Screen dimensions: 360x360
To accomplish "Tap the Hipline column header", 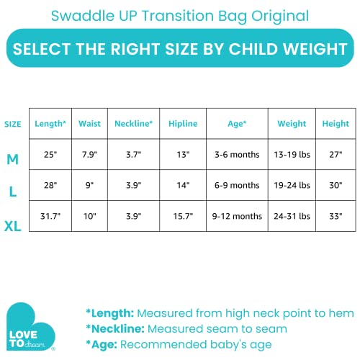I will pyautogui.click(x=183, y=124).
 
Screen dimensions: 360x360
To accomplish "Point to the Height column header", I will pyautogui.click(x=336, y=124).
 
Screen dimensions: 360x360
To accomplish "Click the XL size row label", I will pyautogui.click(x=13, y=227).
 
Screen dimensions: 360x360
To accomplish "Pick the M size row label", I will pyautogui.click(x=13, y=160).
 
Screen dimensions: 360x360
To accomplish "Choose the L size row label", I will pyautogui.click(x=13, y=192).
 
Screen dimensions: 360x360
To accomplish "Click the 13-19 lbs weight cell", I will pyautogui.click(x=292, y=154).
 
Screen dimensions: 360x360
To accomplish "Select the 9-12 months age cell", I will pyautogui.click(x=237, y=216).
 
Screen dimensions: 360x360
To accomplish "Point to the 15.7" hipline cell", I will pyautogui.click(x=183, y=216).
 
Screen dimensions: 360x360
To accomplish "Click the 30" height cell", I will pyautogui.click(x=336, y=185).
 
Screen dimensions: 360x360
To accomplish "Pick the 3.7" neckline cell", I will pyautogui.click(x=133, y=154).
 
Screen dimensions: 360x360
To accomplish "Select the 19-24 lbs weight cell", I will pyautogui.click(x=292, y=185).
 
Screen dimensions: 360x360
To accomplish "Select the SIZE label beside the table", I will pyautogui.click(x=13, y=124).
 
